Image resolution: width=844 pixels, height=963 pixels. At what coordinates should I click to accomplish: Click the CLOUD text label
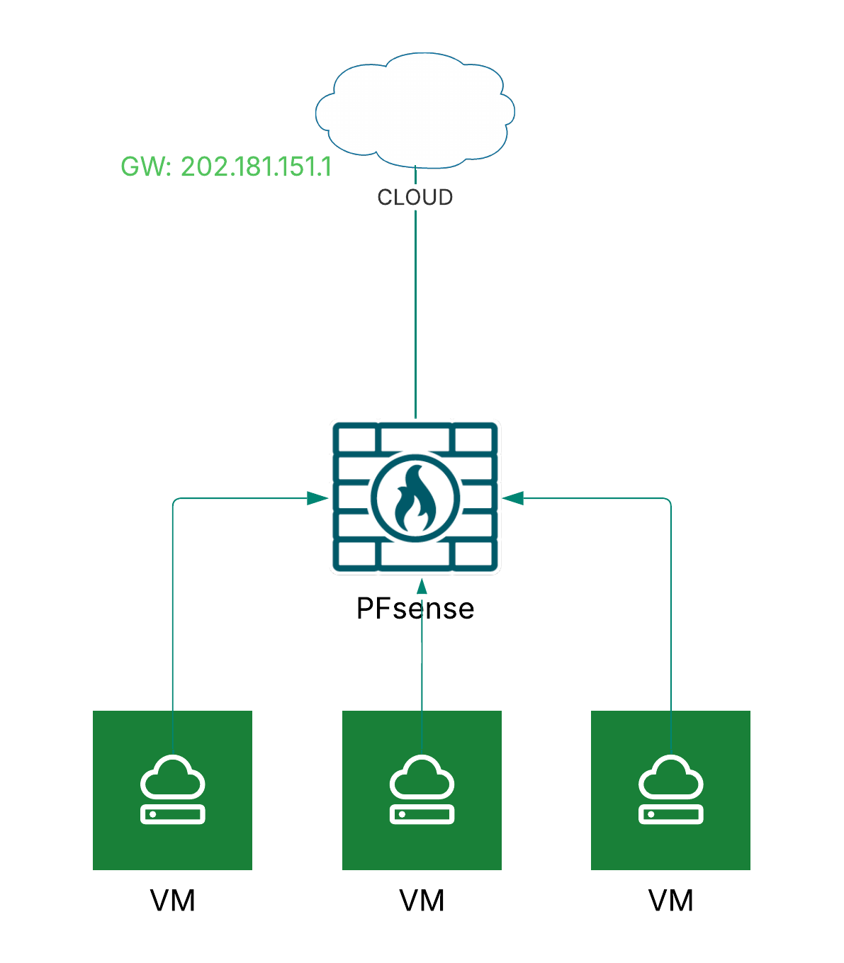[x=415, y=197]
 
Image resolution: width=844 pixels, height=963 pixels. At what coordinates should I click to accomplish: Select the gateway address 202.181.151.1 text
[x=226, y=167]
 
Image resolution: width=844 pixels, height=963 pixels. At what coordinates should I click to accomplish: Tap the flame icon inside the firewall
[x=415, y=498]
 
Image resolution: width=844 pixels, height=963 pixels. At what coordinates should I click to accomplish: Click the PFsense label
[x=415, y=608]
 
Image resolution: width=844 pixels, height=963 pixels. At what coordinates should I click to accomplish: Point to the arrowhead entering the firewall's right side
[x=513, y=498]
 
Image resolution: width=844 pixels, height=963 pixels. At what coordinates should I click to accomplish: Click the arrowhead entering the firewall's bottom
[x=422, y=586]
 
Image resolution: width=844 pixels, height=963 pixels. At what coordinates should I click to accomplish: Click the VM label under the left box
[x=173, y=901]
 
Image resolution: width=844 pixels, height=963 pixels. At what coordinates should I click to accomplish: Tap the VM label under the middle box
[x=422, y=901]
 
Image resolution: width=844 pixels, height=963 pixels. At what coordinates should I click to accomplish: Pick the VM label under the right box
[x=670, y=901]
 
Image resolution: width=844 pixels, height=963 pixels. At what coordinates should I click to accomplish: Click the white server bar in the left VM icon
[x=173, y=814]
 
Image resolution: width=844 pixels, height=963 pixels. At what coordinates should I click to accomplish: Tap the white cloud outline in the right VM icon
[x=670, y=778]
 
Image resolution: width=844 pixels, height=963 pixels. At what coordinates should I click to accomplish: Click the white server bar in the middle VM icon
[x=422, y=814]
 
